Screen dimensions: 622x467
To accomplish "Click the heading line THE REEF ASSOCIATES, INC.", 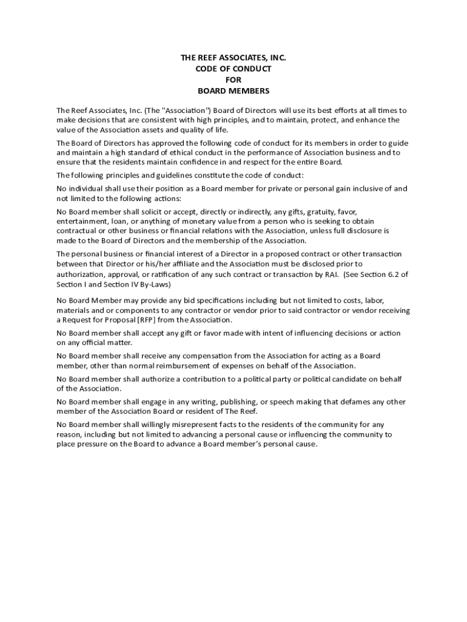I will tap(233, 58).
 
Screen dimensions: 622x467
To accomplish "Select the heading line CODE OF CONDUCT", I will tap(233, 69).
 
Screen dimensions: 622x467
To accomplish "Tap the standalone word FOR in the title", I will tap(233, 80).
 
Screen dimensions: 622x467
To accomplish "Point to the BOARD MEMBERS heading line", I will tap(233, 91).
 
